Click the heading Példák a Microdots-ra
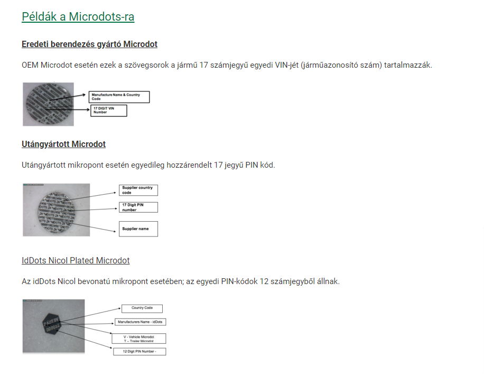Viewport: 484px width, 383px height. coord(78,17)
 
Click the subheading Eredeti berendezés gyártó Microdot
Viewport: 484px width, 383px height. coord(89,44)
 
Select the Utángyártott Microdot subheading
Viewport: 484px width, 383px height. coord(63,144)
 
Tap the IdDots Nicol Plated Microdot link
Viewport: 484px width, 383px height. coord(76,260)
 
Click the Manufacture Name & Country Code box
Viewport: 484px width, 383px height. coord(119,97)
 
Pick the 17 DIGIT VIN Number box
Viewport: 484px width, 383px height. coord(109,110)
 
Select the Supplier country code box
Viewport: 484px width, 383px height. coord(138,190)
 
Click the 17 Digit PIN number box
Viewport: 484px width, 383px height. coord(138,207)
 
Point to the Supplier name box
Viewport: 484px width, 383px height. coord(138,229)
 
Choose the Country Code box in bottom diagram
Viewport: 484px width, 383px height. coord(142,308)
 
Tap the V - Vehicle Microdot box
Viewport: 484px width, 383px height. coord(139,339)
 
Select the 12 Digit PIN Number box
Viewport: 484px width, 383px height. coord(139,351)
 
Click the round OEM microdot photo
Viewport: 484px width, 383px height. coord(48,104)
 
